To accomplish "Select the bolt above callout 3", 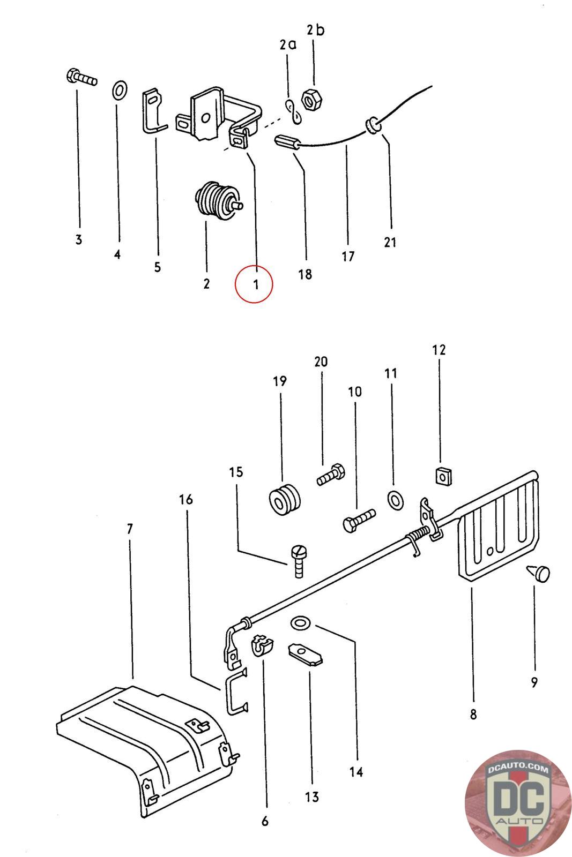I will [81, 78].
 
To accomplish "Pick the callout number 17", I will [348, 257].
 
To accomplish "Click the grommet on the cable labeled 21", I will [372, 126].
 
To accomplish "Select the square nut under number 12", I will [441, 475].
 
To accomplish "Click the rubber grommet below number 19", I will [284, 500].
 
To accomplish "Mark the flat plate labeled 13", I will [306, 655].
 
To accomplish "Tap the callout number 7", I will [129, 529].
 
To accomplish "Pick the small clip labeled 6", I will [261, 645].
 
